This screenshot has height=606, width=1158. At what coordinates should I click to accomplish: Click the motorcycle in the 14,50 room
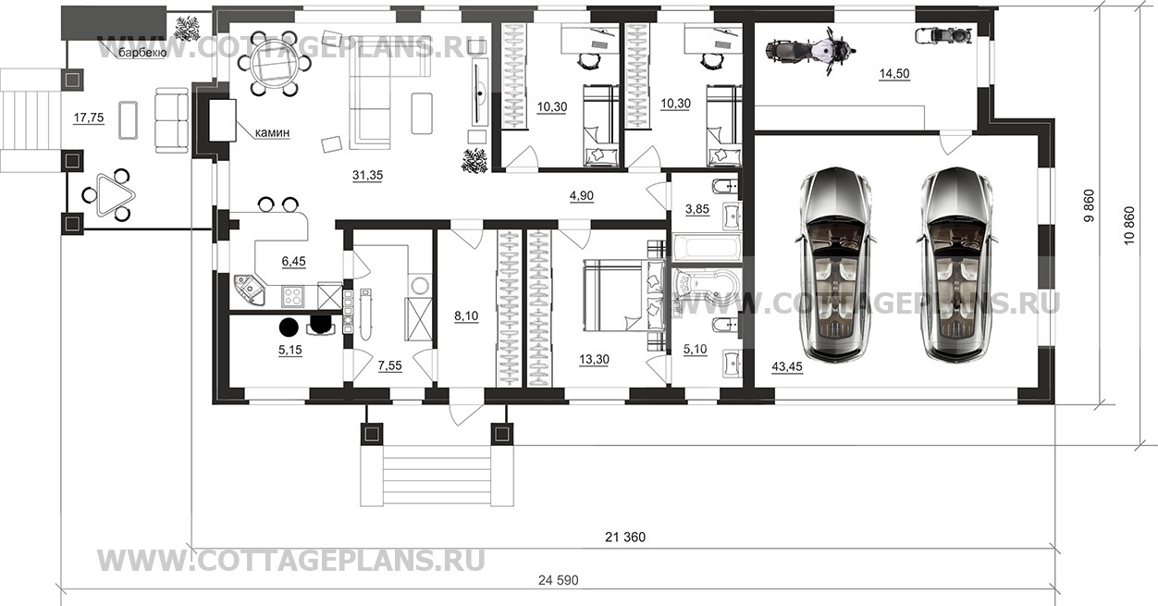click(x=810, y=51)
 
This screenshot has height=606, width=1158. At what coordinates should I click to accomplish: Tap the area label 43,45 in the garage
click(x=787, y=366)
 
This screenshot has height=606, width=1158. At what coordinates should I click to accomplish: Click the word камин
click(x=273, y=133)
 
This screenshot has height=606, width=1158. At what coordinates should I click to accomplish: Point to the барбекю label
click(x=142, y=53)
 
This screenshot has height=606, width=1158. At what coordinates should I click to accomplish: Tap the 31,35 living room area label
click(x=367, y=175)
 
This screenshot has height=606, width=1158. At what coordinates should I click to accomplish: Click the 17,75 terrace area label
click(x=89, y=117)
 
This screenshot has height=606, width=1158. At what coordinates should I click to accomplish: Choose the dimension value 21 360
click(x=625, y=538)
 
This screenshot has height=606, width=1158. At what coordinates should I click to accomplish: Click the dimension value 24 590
click(x=559, y=580)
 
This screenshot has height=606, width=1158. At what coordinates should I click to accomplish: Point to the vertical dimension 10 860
click(x=1128, y=226)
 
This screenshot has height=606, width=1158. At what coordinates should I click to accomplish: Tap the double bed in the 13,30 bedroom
click(x=624, y=296)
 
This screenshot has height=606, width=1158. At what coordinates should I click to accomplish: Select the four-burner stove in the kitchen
click(x=292, y=296)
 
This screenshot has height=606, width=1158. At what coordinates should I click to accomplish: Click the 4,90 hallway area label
click(x=582, y=196)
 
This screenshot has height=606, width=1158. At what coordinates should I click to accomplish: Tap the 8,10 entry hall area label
click(x=466, y=315)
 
